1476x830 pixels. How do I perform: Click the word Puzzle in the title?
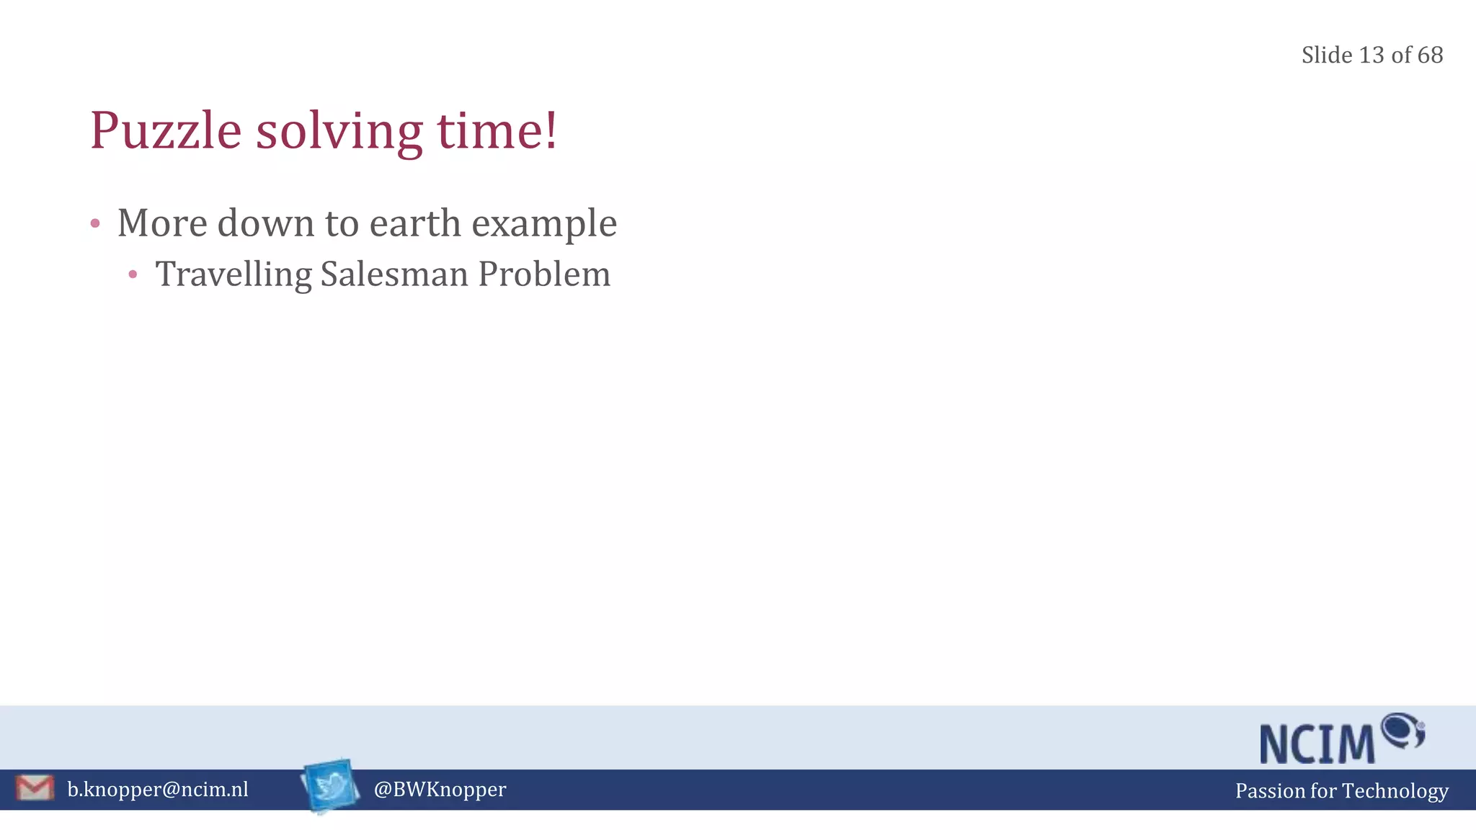(165, 132)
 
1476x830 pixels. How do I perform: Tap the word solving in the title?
(339, 132)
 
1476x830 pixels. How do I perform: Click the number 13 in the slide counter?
(1371, 55)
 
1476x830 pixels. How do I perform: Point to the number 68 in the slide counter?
(1430, 55)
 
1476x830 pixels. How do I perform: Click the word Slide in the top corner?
(1327, 55)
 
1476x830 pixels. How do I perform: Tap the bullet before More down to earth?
(95, 223)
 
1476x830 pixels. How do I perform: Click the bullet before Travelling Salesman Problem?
(133, 275)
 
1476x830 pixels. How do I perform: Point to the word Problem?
(544, 275)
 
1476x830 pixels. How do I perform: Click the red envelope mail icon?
(35, 787)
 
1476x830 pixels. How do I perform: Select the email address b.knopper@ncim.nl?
(158, 789)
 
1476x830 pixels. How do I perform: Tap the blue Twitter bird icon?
(330, 786)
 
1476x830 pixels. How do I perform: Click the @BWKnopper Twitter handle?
(440, 789)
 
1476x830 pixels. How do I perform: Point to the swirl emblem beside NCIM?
(1402, 731)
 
